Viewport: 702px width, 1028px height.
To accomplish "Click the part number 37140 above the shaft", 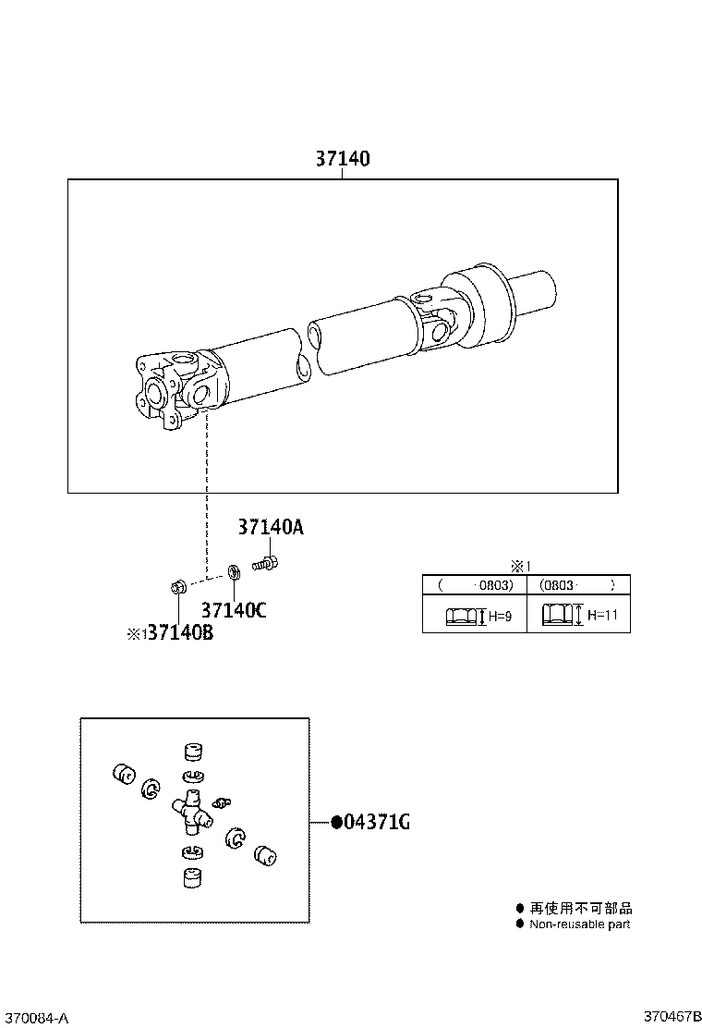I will tap(342, 158).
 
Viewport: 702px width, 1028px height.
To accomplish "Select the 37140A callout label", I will tap(271, 527).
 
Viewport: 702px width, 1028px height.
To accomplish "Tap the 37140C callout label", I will tap(234, 610).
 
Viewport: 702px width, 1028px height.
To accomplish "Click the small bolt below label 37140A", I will tap(266, 562).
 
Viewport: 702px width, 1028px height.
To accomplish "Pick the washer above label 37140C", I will tap(233, 570).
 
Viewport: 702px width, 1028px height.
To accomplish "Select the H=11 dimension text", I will tap(602, 615).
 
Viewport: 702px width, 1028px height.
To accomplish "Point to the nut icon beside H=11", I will tap(556, 615).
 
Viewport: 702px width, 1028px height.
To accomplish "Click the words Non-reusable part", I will tap(579, 924).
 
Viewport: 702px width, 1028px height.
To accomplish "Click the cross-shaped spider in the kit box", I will tap(191, 810).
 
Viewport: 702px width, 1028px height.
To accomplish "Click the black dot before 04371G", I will tap(336, 822).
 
